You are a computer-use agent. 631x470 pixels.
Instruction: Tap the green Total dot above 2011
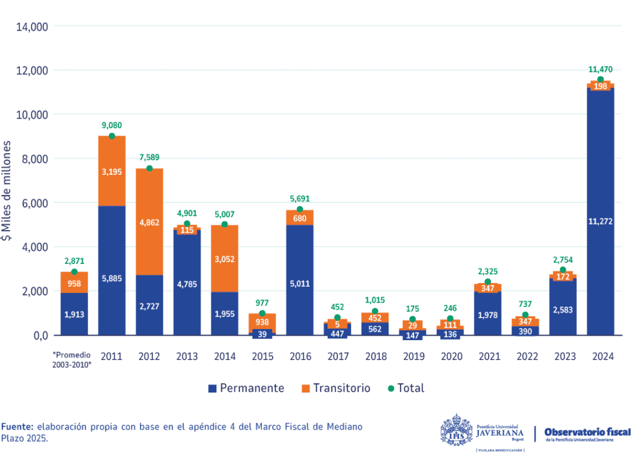(x=112, y=136)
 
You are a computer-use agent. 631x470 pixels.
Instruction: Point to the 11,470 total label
(x=600, y=70)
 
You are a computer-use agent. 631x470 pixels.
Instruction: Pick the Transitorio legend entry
(x=336, y=388)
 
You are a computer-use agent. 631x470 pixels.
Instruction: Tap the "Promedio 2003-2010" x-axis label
(x=74, y=360)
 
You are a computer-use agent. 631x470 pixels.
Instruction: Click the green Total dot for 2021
(x=487, y=282)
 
